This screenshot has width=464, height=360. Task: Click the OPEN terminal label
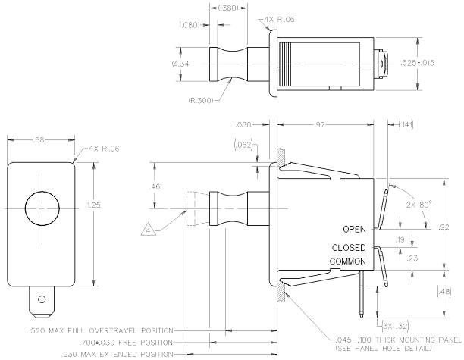click(x=354, y=229)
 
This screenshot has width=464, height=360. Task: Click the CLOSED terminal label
click(x=350, y=248)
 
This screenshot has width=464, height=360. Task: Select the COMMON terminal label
click(x=348, y=261)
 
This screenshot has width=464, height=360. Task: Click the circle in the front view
click(x=41, y=206)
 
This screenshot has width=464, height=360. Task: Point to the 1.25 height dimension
click(x=93, y=205)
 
